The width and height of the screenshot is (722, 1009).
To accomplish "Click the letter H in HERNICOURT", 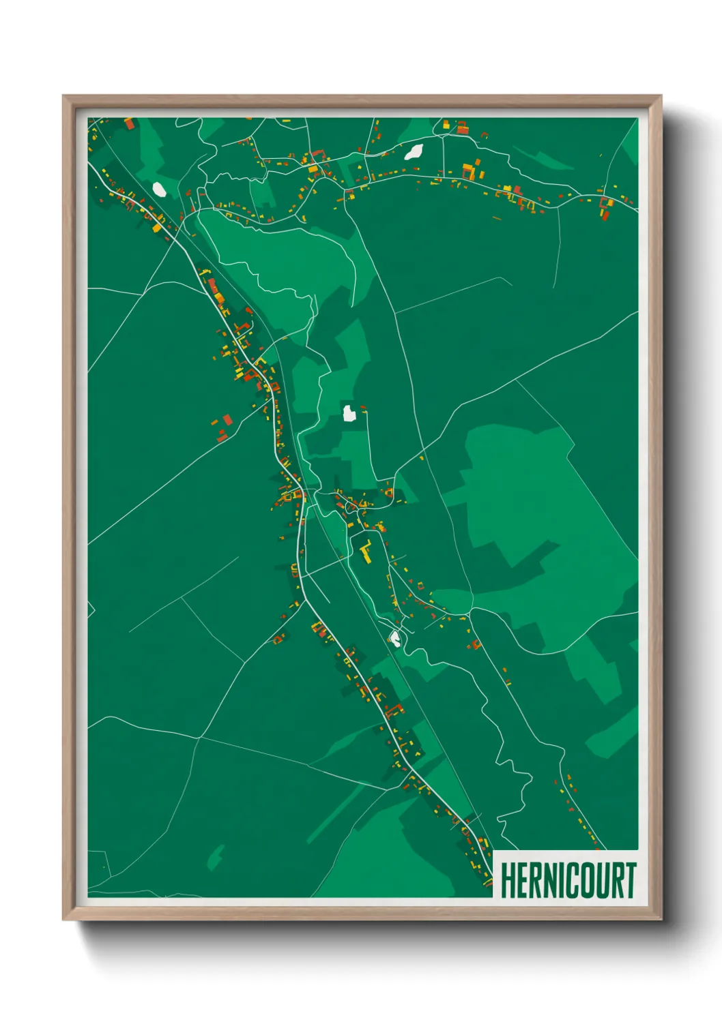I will (508, 880).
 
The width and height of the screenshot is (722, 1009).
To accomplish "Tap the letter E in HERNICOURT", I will (523, 880).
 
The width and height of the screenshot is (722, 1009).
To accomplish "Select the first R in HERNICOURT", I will (536, 880).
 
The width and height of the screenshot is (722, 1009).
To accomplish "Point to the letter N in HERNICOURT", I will (551, 880).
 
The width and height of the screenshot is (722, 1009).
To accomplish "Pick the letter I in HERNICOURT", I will (563, 880).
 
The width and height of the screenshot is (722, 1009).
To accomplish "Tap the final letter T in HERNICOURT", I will (629, 880).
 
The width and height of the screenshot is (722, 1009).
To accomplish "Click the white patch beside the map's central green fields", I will (349, 412).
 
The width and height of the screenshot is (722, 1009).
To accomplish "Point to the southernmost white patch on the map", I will (394, 639).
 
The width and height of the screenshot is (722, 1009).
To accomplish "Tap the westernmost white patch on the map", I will (158, 188).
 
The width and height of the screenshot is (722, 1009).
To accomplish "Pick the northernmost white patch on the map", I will (414, 151).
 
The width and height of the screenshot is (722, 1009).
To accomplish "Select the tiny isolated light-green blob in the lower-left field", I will (216, 857).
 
